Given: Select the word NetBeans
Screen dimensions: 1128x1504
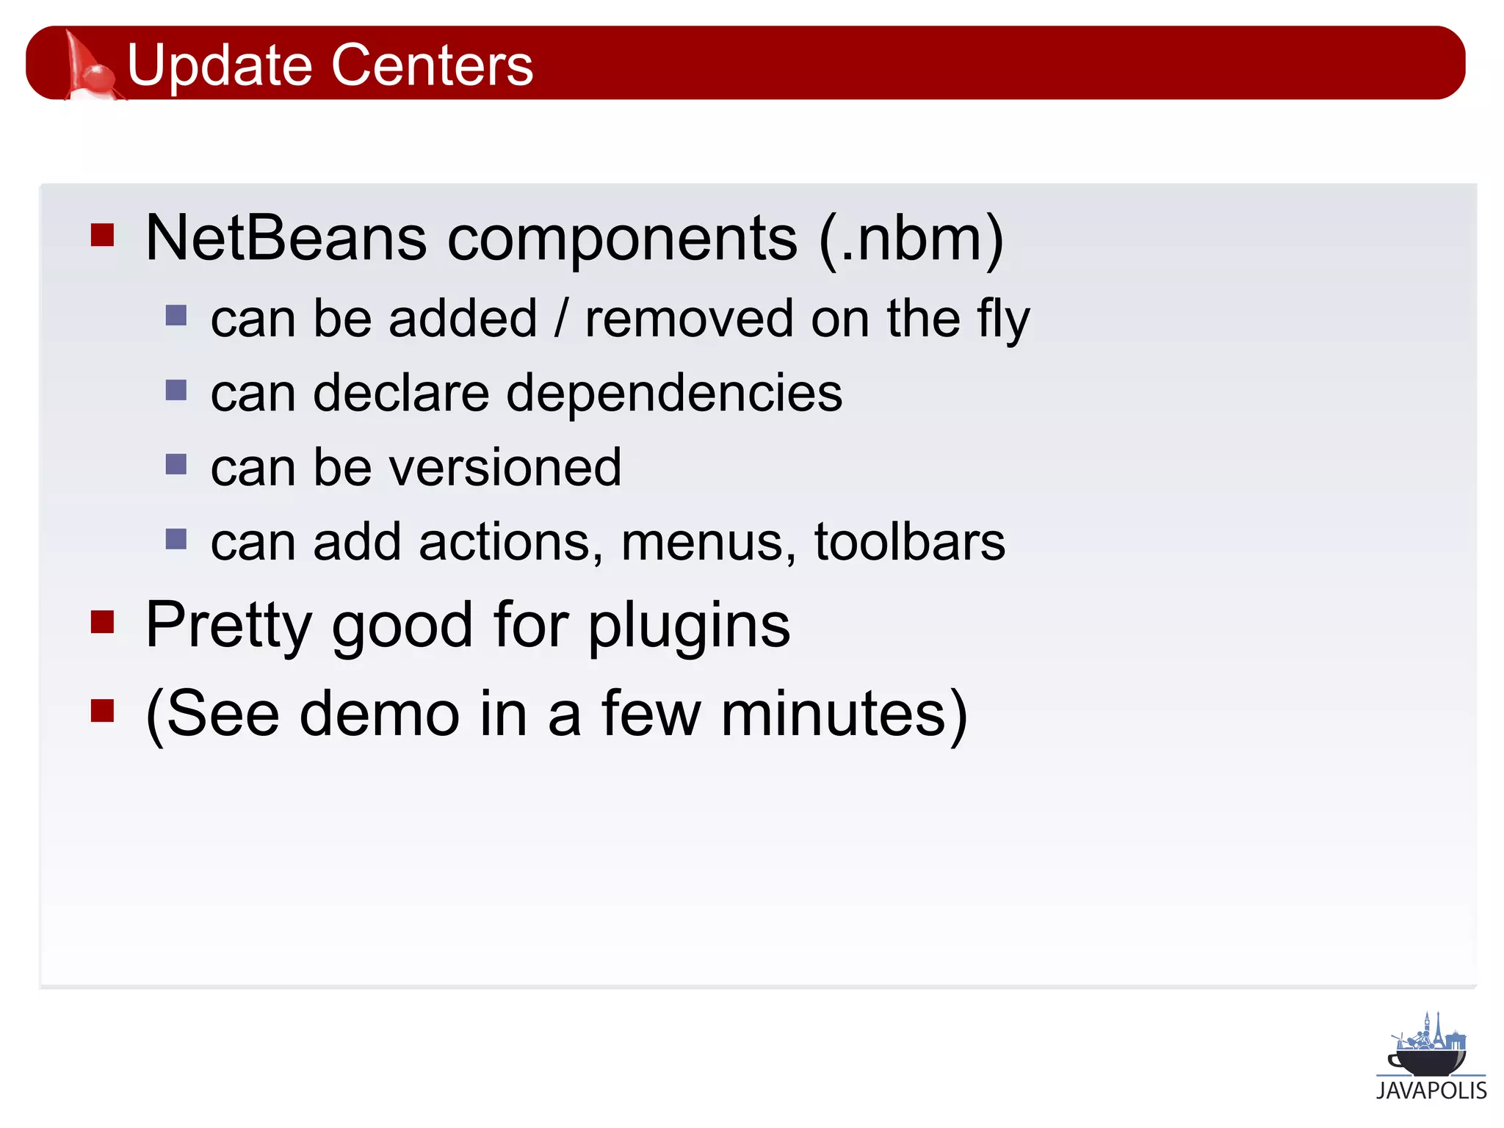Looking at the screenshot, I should tap(286, 238).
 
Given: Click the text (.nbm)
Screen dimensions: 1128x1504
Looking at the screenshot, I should tap(911, 239).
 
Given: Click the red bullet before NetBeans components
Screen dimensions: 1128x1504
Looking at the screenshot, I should tap(102, 235).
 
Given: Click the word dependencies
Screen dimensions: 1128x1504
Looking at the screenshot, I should tap(673, 394).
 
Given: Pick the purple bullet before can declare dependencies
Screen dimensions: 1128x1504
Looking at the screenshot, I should tap(176, 390).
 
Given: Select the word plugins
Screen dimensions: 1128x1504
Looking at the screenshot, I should tap(689, 626).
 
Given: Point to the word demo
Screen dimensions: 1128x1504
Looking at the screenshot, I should tap(379, 714).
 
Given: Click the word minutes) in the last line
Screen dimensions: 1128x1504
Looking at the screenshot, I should tap(844, 714).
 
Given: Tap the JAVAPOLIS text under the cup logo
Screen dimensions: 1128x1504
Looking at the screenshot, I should tap(1431, 1091).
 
